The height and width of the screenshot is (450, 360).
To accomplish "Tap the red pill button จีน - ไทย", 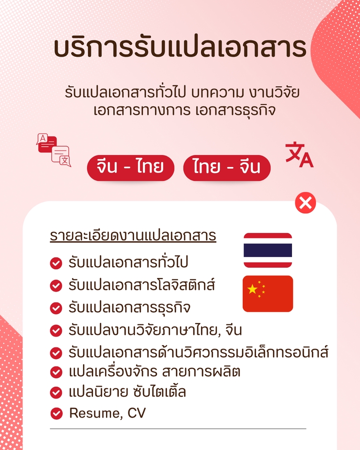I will [130, 167].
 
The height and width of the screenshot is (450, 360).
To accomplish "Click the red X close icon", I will [305, 203].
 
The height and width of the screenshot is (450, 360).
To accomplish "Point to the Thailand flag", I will [268, 250].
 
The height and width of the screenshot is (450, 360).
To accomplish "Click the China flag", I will [268, 293].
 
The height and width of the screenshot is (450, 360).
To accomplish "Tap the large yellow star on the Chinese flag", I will [253, 289].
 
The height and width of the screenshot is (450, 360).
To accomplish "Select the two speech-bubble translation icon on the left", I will [53, 150].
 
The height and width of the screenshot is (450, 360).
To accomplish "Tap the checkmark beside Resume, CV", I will [56, 413].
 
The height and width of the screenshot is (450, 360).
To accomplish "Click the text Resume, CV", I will [107, 413].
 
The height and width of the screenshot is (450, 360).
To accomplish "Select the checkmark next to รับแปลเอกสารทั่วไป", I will [56, 263].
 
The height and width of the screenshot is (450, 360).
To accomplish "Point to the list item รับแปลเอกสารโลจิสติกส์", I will [142, 285].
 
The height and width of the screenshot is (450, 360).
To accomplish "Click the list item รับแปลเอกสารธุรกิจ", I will [129, 308].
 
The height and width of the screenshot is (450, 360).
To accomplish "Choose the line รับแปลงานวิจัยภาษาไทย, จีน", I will [155, 330].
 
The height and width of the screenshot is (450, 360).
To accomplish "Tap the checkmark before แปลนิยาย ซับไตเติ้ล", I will [56, 392].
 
